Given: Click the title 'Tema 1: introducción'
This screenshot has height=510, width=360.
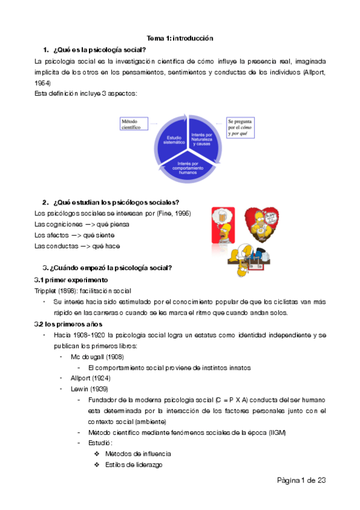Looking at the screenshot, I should (x=180, y=38).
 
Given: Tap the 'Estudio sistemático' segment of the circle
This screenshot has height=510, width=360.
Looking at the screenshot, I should (x=172, y=140).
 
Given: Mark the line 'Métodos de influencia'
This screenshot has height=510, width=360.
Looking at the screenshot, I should (x=138, y=453).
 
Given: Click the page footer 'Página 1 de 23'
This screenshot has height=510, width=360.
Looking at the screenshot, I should (x=301, y=480).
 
